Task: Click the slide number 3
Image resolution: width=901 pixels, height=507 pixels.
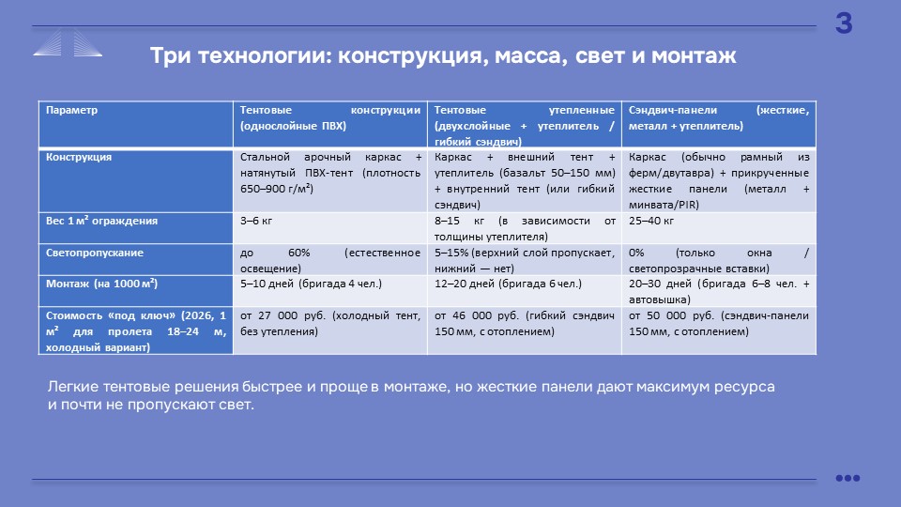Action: [844, 23]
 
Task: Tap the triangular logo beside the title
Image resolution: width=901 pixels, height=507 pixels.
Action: [68, 43]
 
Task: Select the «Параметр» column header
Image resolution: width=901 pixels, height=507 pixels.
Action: [72, 110]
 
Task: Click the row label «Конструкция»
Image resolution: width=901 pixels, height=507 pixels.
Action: [79, 157]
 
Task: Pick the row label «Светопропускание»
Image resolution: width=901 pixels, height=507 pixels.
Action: [94, 253]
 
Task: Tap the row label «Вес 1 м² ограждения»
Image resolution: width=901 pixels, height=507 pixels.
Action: [101, 221]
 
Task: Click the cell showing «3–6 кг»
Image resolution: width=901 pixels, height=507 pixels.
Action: [256, 221]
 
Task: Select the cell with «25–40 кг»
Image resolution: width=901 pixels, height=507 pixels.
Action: [651, 221]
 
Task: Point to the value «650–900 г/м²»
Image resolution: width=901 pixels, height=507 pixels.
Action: [276, 189]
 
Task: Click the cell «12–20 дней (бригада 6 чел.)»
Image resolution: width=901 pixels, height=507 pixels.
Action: [508, 284]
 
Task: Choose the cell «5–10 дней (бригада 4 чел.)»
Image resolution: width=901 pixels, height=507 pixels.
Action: [311, 284]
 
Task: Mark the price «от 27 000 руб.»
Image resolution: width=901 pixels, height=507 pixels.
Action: [283, 315]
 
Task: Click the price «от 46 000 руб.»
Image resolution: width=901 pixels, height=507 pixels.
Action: [477, 315]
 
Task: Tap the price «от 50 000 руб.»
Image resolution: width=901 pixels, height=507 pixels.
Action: [671, 315]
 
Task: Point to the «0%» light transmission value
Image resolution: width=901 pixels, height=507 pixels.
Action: [636, 253]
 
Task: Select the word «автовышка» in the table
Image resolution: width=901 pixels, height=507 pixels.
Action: [660, 300]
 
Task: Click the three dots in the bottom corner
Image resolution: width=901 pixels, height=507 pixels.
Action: [848, 478]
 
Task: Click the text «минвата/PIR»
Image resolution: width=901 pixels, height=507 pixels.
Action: [664, 205]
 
